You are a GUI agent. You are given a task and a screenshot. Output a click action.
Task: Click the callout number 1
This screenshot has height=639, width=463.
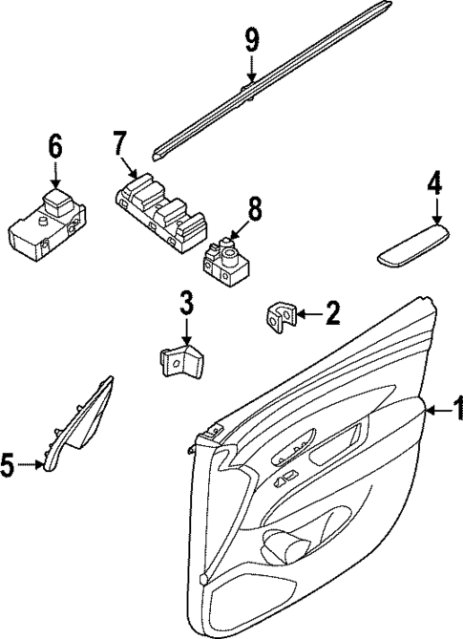coord(456,411)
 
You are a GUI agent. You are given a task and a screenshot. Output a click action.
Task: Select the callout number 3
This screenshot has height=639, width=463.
coord(186,305)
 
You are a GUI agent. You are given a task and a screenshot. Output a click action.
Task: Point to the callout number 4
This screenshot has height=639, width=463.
coord(435,182)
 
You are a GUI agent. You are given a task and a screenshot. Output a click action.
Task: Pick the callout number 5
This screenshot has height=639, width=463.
coord(9,466)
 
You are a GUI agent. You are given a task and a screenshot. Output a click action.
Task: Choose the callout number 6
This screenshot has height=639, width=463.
coord(54,147)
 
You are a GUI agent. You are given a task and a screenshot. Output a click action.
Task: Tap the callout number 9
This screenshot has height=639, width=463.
coord(251,40)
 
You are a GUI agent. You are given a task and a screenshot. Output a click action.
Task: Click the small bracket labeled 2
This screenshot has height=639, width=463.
coord(281,317)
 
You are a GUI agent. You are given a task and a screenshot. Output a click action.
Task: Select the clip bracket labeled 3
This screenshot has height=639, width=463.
coord(180,364)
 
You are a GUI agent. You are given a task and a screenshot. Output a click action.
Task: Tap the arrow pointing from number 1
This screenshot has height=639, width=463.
coord(435,411)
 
